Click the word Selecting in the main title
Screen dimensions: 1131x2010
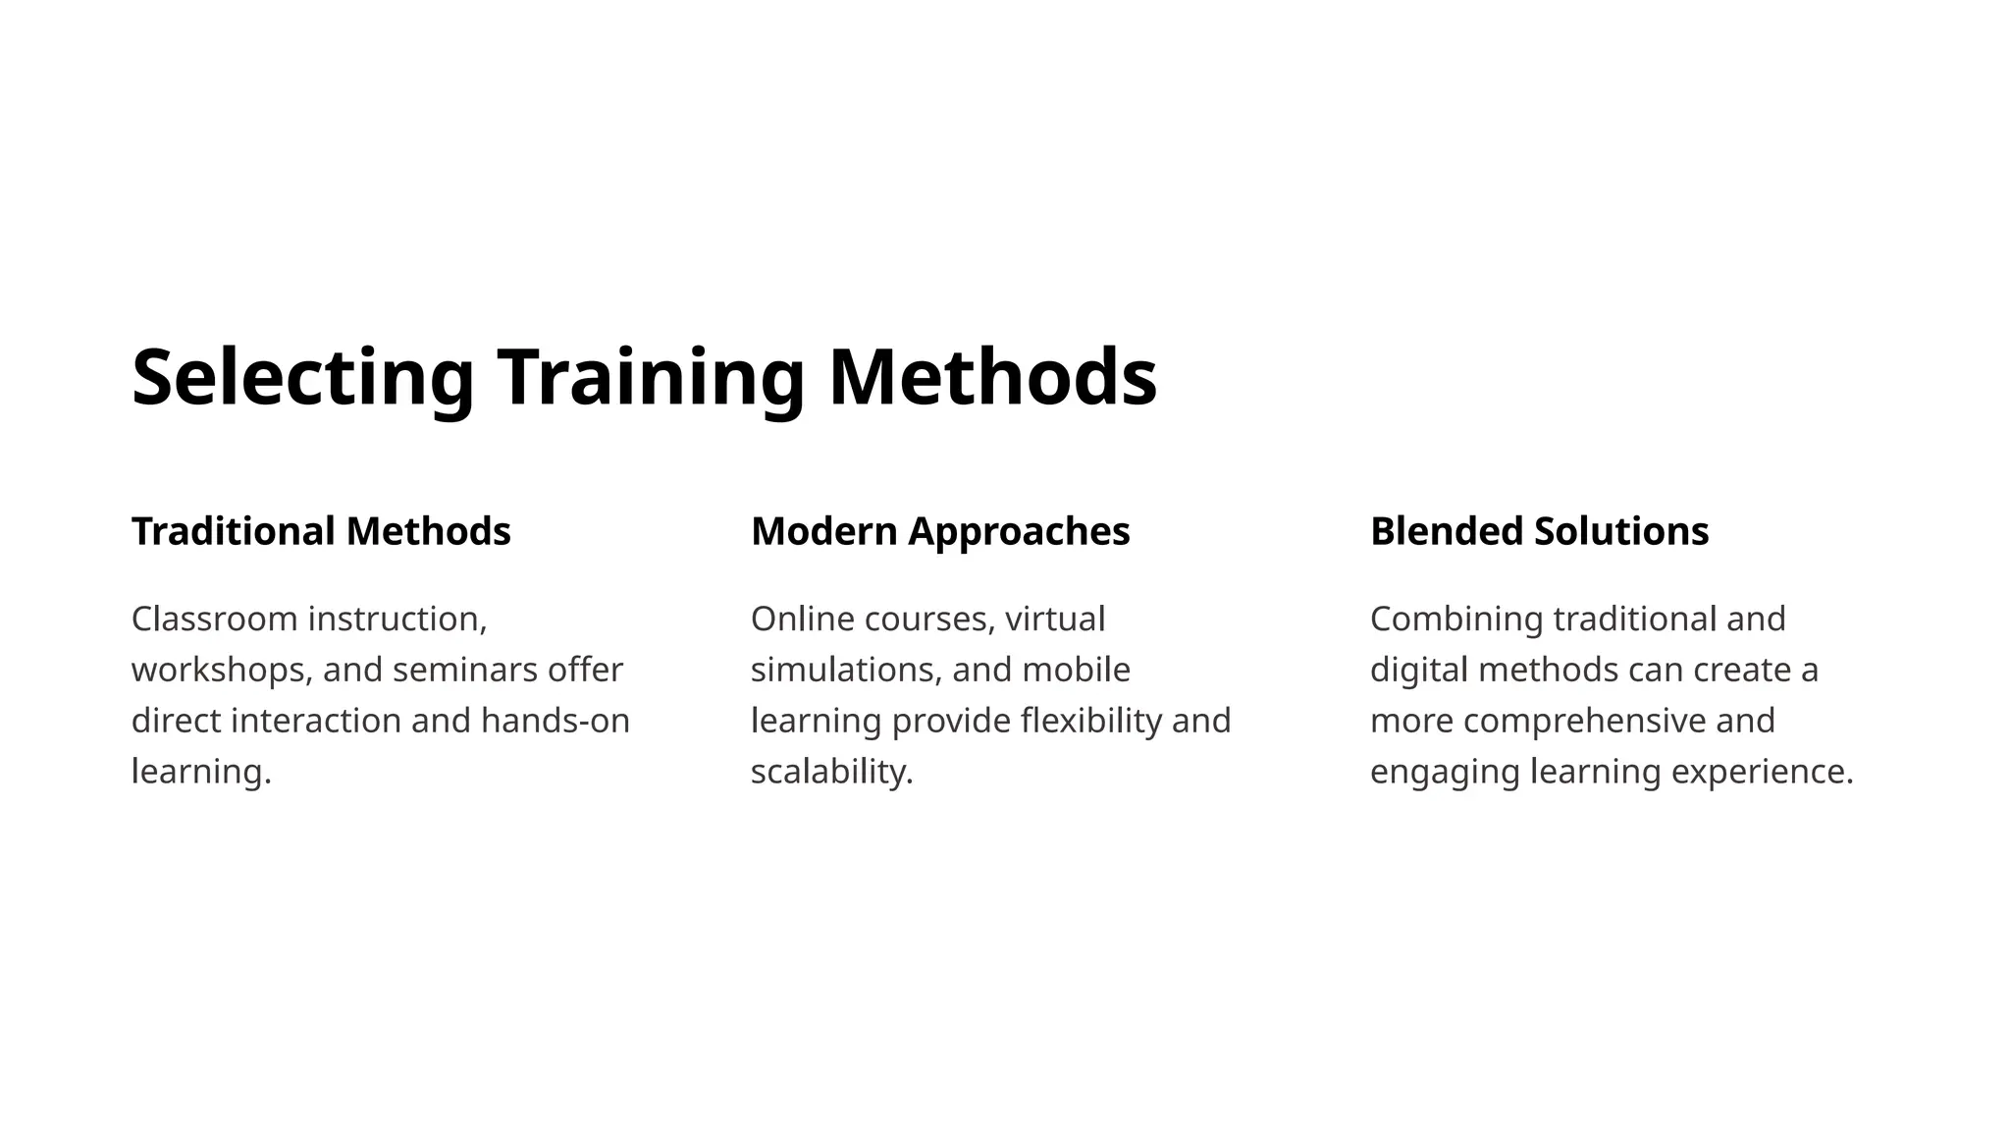click(x=302, y=378)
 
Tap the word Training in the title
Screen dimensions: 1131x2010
click(x=651, y=378)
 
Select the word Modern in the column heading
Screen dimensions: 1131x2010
click(x=824, y=531)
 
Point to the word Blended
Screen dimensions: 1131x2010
click(x=1447, y=531)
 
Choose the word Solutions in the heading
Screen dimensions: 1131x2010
click(x=1621, y=531)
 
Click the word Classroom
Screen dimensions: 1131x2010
click(x=214, y=619)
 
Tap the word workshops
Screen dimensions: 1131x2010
click(x=223, y=671)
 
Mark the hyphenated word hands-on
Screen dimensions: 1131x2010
click(x=555, y=722)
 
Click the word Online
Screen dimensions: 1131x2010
click(x=803, y=619)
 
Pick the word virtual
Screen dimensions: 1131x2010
click(x=1055, y=619)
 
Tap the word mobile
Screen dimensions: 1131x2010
click(x=1077, y=671)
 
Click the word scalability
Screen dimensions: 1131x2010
click(x=831, y=773)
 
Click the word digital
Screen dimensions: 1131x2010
click(x=1418, y=671)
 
